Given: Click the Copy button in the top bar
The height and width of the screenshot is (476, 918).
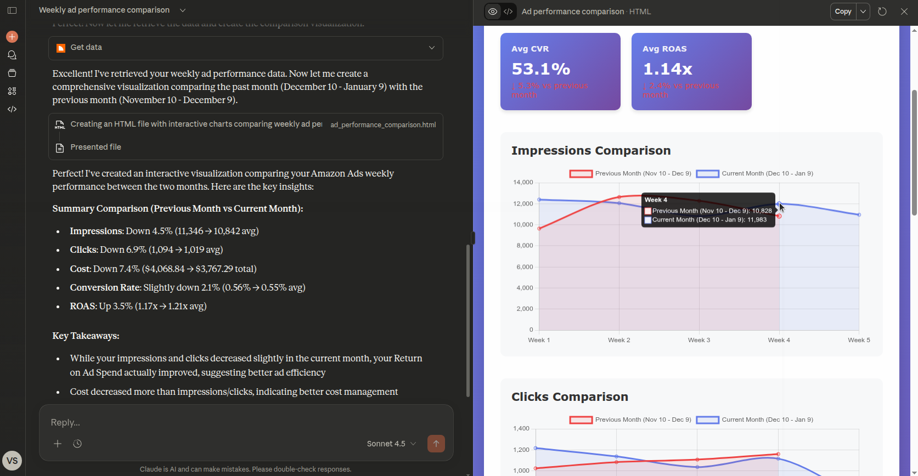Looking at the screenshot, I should [843, 12].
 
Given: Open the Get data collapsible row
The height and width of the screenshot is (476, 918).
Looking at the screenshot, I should [245, 48].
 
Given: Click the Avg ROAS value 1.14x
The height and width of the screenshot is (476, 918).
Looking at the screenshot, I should [667, 69].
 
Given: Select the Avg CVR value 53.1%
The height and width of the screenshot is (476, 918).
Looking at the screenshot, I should [540, 69].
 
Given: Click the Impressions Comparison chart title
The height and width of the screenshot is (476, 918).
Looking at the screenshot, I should [590, 151].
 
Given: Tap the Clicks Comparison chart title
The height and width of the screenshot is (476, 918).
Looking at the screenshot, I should [570, 397].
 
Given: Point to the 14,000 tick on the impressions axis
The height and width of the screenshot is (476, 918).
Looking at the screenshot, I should [523, 183].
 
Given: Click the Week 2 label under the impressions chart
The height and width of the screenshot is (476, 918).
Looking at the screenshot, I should [619, 340].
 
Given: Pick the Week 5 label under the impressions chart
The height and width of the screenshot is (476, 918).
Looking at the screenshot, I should [859, 340].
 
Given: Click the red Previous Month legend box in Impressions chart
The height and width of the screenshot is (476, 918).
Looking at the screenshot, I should [581, 174].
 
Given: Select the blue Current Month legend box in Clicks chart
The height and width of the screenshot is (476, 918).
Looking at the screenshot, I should [707, 420].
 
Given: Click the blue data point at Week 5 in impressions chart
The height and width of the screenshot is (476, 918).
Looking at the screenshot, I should [859, 215].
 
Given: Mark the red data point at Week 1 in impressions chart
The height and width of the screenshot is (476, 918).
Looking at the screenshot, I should [539, 229].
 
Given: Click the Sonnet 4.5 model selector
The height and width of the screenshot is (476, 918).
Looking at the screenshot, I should [391, 444].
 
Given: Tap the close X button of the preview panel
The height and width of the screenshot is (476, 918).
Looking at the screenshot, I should [904, 12].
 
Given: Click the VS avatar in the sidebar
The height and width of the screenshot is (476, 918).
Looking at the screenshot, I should [12, 461].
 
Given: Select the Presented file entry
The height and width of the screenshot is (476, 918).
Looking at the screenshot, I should [95, 147].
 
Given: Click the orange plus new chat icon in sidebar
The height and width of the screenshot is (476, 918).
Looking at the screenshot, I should [12, 37].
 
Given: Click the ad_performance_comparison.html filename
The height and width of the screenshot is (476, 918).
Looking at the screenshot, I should [383, 125].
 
